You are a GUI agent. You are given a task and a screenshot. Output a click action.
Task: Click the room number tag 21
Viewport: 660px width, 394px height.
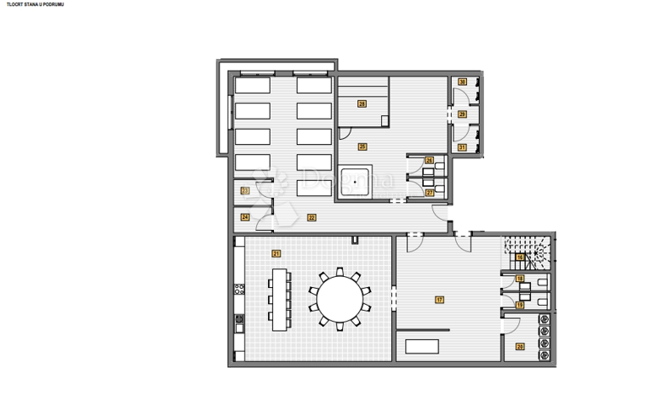[x=276, y=253]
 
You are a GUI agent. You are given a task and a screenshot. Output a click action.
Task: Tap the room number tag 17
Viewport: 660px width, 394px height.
[x=439, y=300]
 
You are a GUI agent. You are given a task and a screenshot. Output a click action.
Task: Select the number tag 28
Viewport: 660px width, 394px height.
[x=362, y=104]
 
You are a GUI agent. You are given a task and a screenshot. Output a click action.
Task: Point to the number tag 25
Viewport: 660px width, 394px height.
[x=362, y=146]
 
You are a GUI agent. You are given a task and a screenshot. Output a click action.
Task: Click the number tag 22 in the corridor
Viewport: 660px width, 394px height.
[x=312, y=217]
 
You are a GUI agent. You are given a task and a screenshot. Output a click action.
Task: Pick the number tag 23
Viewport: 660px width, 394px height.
[x=244, y=190]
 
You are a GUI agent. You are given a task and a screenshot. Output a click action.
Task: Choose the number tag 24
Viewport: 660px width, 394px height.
[x=244, y=217]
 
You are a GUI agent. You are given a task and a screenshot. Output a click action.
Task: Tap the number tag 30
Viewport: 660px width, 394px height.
[x=463, y=83]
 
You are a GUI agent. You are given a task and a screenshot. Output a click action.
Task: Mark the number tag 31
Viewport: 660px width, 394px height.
[x=462, y=147]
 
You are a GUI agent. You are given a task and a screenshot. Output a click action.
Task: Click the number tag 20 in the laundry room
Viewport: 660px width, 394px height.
[x=520, y=347]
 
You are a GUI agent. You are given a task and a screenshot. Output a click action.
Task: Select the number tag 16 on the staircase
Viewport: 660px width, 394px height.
[x=521, y=257]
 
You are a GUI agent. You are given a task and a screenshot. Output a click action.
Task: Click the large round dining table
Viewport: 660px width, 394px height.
[x=339, y=298]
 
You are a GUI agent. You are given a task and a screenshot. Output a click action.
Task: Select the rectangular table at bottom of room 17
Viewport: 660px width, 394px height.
[x=423, y=346]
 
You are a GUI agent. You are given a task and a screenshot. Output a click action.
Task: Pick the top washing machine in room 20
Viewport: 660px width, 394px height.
[x=544, y=319]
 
